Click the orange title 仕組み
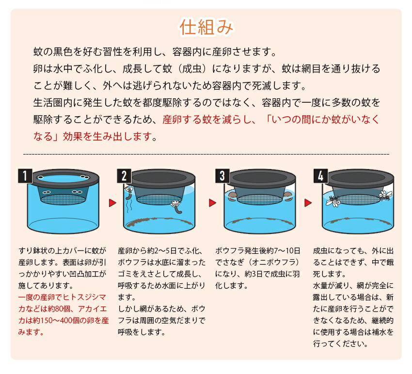pyautogui.click(x=206, y=27)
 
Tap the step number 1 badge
pyautogui.click(x=25, y=176)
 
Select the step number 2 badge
pyautogui.click(x=124, y=176)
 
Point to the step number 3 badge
pyautogui.click(x=222, y=176)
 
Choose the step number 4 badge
pyautogui.click(x=320, y=176)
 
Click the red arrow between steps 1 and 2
pyautogui.click(x=112, y=203)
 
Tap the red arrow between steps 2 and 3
pyautogui.click(x=212, y=203)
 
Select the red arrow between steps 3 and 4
pyautogui.click(x=308, y=203)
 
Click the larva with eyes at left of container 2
pyautogui.click(x=129, y=194)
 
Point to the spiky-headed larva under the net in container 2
pyautogui.click(x=176, y=207)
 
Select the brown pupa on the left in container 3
pyautogui.click(x=232, y=196)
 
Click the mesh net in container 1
pyautogui.click(x=63, y=199)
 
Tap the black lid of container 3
pyautogui.click(x=260, y=178)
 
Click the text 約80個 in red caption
pyautogui.click(x=58, y=309)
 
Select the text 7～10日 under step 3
pyautogui.click(x=287, y=251)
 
